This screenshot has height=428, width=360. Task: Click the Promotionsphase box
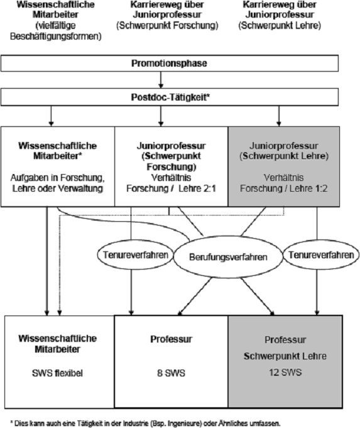coord(170,63)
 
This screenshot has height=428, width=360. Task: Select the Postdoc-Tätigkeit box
coord(170,97)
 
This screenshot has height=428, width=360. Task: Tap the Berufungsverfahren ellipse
coord(228,257)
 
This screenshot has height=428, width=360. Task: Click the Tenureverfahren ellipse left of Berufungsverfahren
coord(136,255)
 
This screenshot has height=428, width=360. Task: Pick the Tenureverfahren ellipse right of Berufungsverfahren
coord(321,255)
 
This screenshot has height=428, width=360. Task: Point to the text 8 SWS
coord(171,373)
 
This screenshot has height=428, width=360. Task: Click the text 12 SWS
coord(285,372)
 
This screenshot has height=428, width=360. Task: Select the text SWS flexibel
coord(57,373)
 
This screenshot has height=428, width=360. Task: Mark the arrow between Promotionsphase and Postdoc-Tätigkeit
coord(161,80)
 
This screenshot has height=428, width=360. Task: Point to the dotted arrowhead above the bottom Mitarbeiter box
coord(60,313)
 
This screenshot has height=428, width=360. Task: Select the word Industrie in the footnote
coord(135,424)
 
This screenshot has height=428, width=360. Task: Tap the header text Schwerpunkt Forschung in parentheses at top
coord(167,26)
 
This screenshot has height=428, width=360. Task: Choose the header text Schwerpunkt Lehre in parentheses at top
coord(280,26)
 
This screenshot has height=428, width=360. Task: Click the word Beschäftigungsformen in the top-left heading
coord(56,36)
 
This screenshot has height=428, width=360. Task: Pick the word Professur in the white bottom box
coord(171,339)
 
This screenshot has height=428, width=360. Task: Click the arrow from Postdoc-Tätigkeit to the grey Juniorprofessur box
coord(279,116)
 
